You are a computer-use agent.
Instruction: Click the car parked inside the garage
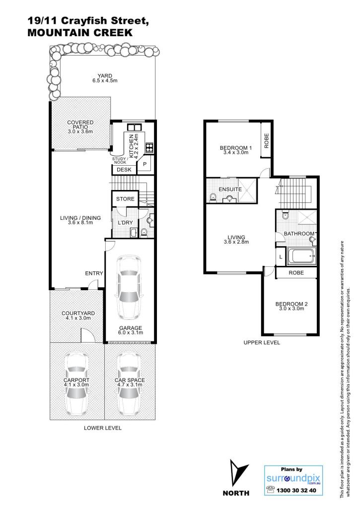[x=130, y=287]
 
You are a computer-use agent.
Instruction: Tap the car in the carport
[x=76, y=383]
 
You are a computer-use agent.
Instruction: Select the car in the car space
[x=130, y=383]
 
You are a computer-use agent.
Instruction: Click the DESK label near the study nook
[x=124, y=170]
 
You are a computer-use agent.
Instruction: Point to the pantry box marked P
[x=144, y=164]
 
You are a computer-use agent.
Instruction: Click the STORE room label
[x=125, y=199]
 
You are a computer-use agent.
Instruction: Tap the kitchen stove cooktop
[x=149, y=147]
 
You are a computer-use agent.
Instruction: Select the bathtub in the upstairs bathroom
[x=301, y=256]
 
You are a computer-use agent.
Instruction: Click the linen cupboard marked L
[x=281, y=257]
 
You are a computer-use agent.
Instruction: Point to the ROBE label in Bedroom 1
[x=267, y=141]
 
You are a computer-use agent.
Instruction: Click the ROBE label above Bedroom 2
[x=296, y=273]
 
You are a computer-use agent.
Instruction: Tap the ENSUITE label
[x=230, y=189]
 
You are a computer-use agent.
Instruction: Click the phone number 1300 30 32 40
[x=296, y=490]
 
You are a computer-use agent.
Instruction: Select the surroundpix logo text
[x=293, y=478]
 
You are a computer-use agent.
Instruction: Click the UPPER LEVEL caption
[x=262, y=342]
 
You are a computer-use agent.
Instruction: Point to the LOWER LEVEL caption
[x=103, y=428]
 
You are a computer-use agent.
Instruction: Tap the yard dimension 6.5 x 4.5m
[x=105, y=80]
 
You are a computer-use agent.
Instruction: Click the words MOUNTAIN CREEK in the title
[x=80, y=33]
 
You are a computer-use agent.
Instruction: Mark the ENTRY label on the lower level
[x=94, y=273]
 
